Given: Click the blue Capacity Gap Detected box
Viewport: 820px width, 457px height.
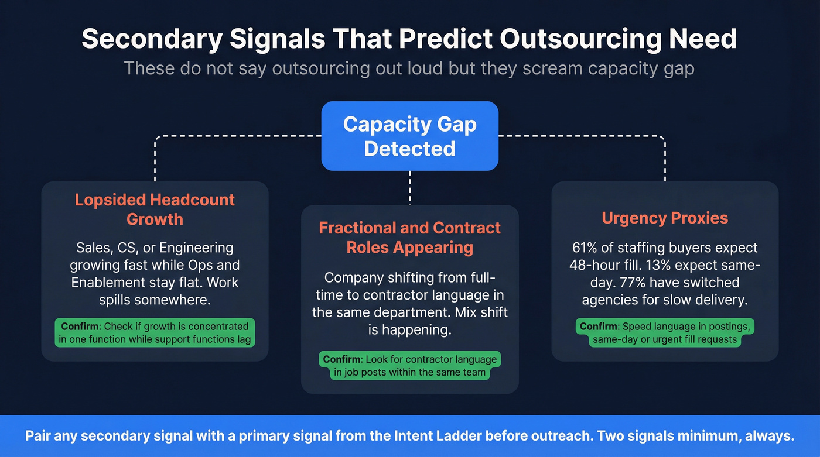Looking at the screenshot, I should (x=409, y=136).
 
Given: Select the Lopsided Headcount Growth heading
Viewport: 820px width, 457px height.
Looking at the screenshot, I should (x=155, y=209).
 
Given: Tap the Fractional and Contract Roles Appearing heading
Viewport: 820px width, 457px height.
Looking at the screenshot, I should (x=409, y=237).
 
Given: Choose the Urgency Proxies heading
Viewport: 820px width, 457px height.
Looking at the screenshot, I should (x=665, y=218).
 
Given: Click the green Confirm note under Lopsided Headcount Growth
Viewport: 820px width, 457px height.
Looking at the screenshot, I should (x=155, y=332).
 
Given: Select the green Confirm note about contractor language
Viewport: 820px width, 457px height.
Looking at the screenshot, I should (x=409, y=366).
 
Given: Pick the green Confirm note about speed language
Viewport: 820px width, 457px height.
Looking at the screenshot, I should (x=665, y=333).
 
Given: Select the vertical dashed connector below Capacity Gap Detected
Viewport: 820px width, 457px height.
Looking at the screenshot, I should (x=409, y=187).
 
